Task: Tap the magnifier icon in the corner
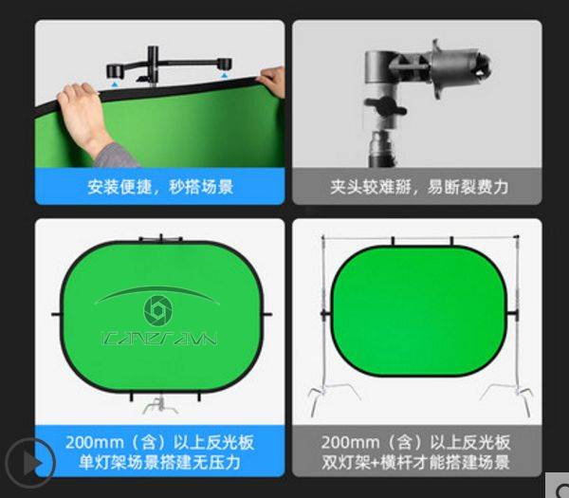tap(556, 489)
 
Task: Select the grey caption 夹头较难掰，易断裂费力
tap(414, 187)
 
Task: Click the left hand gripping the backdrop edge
tap(83, 112)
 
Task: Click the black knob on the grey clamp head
tap(385, 107)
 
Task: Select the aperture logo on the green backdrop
tap(156, 310)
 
